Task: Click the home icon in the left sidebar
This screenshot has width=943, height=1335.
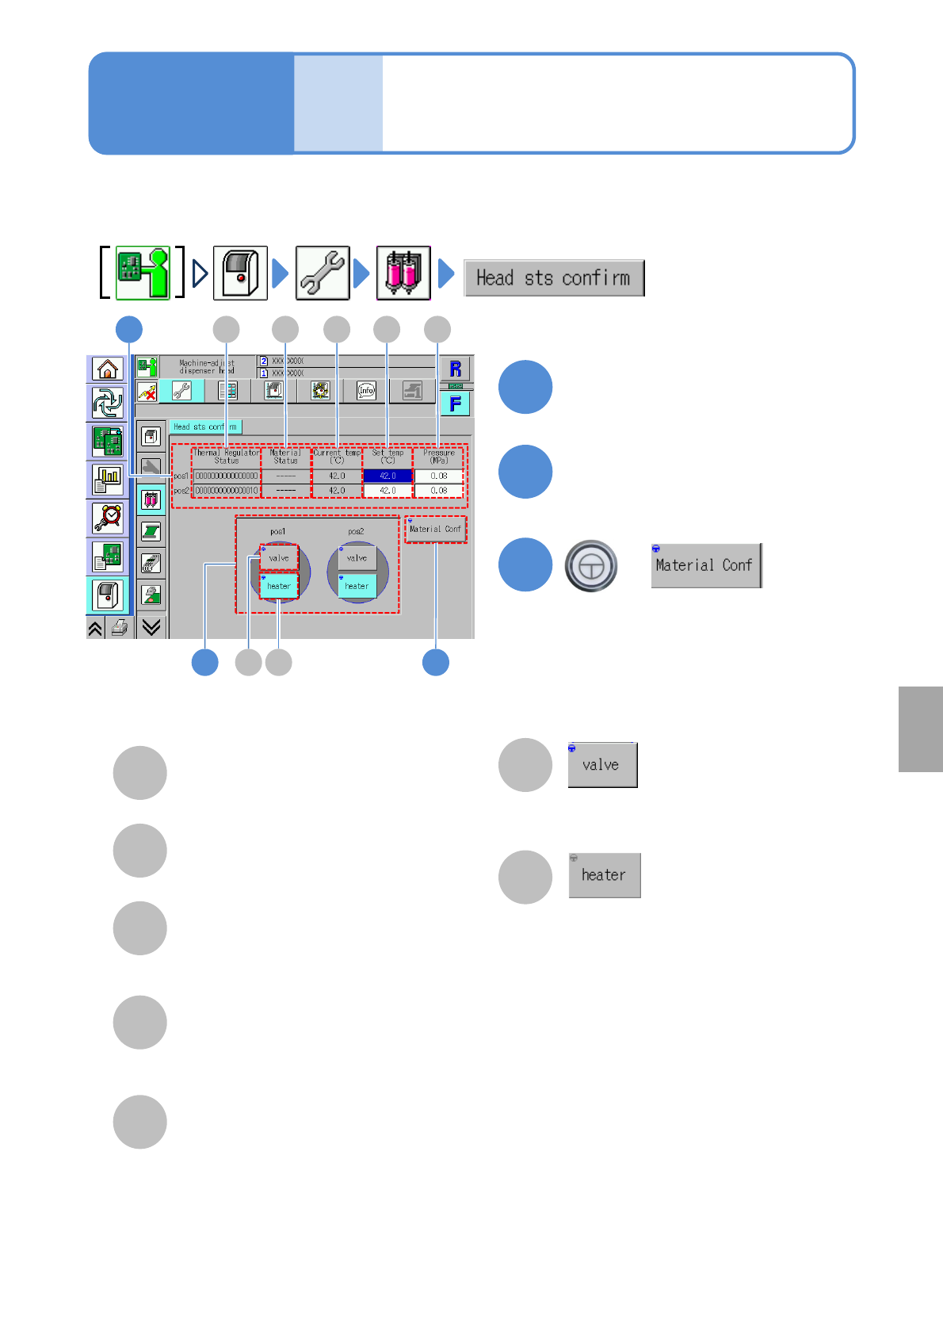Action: pos(107,369)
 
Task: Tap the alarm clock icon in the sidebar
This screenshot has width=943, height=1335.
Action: pos(107,518)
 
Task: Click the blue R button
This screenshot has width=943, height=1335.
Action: pos(455,369)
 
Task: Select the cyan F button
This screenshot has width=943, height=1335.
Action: pos(455,404)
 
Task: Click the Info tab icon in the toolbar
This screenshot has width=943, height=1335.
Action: pos(366,390)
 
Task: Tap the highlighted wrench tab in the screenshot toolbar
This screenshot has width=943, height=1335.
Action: pos(181,390)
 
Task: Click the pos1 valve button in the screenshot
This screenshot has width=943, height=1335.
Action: pos(279,557)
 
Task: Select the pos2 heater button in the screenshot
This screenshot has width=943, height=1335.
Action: pos(357,586)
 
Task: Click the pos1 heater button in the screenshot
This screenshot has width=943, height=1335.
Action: pos(279,586)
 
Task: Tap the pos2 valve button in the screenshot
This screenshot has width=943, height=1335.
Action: pos(357,557)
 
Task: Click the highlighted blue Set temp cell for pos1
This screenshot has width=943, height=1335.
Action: pos(388,476)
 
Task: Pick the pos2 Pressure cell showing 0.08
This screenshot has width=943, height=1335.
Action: pos(438,491)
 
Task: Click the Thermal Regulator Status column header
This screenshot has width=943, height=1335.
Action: pos(226,457)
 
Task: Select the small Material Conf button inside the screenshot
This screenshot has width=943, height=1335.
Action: pos(435,529)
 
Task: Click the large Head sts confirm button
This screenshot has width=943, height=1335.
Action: pos(553,278)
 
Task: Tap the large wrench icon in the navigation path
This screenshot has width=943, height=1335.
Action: pos(323,274)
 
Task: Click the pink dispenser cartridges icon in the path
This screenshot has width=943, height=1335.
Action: pos(403,274)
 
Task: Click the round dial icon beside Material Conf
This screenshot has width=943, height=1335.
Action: pos(590,566)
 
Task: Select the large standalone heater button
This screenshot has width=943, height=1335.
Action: pos(604,875)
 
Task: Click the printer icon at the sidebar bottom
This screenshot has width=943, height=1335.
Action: pos(119,629)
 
